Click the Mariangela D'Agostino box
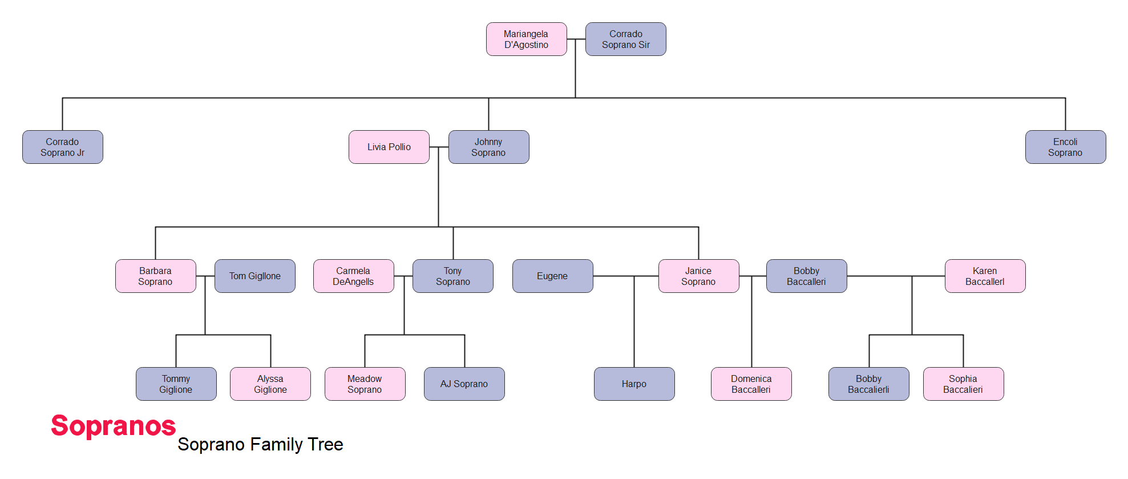click(x=526, y=39)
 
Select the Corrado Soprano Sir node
click(x=626, y=39)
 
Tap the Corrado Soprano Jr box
click(x=63, y=147)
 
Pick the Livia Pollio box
click(x=389, y=147)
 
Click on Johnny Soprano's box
click(x=489, y=147)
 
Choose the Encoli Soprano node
click(x=1066, y=147)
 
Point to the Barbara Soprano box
click(x=156, y=276)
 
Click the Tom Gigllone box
click(x=255, y=276)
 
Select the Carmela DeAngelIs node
click(x=354, y=276)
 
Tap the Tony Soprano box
click(x=453, y=276)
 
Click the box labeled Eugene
click(x=553, y=276)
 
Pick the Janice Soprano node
click(x=699, y=276)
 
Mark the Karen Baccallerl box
click(x=985, y=276)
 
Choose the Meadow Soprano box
click(x=365, y=384)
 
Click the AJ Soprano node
click(x=464, y=384)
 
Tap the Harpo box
click(x=634, y=384)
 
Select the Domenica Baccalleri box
click(x=751, y=384)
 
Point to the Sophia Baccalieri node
click(x=964, y=384)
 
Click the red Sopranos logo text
click(x=114, y=426)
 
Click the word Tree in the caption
click(x=325, y=444)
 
